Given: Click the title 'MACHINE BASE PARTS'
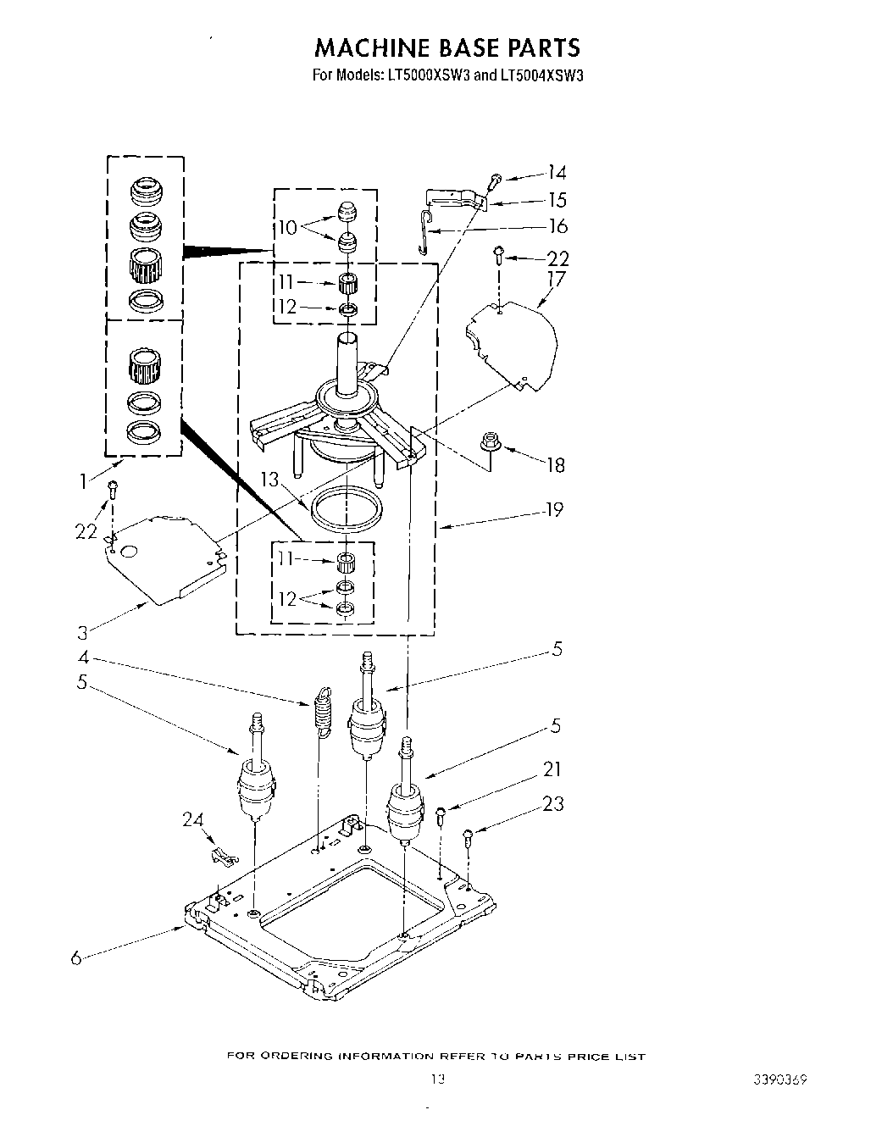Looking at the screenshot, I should coord(446,47).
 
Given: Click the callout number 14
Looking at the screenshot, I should coord(556,173).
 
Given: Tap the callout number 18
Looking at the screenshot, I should coord(556,464).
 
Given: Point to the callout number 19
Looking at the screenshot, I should coord(553,510).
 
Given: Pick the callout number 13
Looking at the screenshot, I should coord(269,480).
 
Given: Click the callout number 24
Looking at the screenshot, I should coord(193,819).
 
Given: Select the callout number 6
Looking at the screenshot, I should coord(76,958).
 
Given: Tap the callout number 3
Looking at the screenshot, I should coord(82,631).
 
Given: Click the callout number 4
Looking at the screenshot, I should coord(83,657).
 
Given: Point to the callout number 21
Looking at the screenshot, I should coord(552,769).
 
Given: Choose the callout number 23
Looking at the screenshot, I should coord(553,803).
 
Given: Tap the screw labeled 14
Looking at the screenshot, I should coord(496,180).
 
